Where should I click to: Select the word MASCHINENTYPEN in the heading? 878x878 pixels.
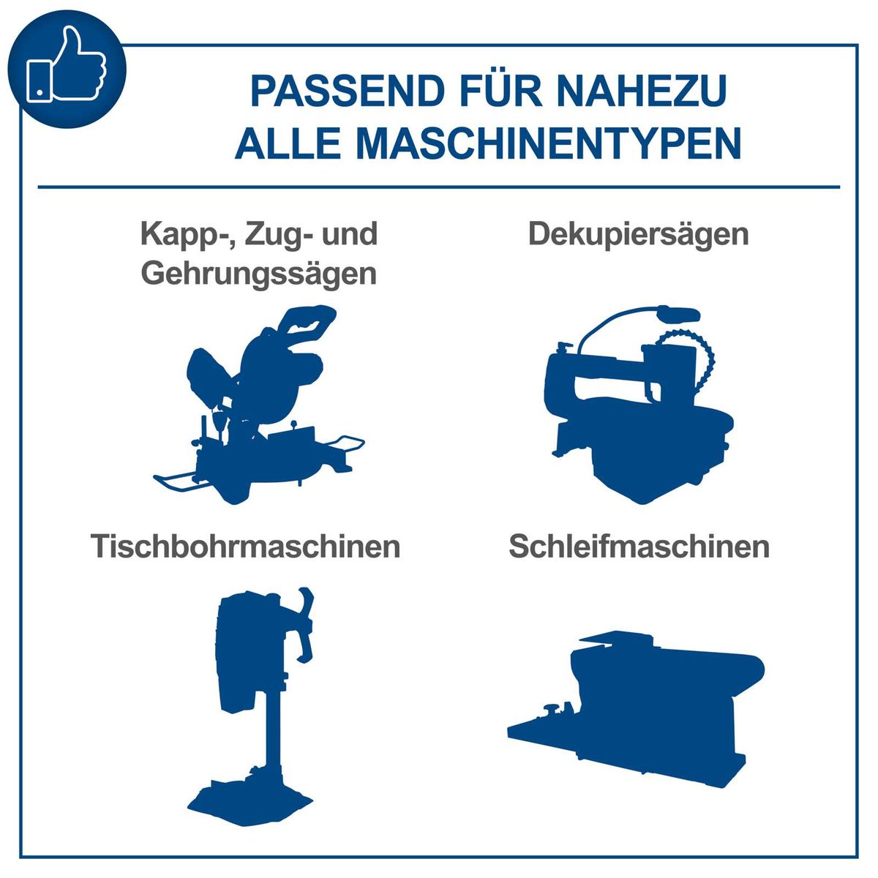point(549,143)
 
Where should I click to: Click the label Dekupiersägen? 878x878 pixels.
point(638,235)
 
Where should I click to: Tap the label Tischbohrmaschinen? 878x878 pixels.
point(246,547)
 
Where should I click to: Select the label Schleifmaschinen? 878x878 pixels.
point(639,547)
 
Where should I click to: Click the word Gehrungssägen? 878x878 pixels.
point(259,274)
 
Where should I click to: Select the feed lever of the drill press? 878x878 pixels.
point(306,622)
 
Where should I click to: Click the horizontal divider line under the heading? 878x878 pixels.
point(439,187)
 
